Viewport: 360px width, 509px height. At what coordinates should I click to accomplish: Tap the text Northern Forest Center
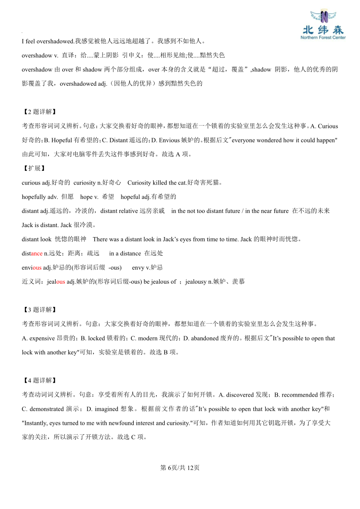(x=323, y=38)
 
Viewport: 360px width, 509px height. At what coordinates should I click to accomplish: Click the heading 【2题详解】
(x=39, y=112)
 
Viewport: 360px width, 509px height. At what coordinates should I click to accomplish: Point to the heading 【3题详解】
(x=39, y=310)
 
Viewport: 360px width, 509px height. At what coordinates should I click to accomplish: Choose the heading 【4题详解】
(x=39, y=381)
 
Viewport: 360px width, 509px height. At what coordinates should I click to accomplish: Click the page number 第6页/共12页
(x=180, y=468)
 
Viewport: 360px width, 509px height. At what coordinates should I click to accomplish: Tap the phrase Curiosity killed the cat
(x=157, y=183)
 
